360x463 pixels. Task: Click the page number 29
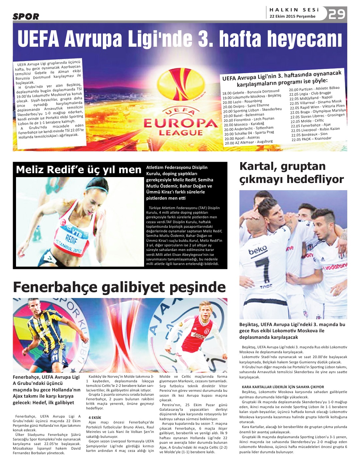point(337,14)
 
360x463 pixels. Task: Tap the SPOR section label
point(26,16)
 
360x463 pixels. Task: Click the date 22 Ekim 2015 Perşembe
point(292,16)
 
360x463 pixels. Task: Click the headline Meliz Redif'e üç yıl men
point(79,170)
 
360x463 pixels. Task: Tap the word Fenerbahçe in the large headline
point(55,287)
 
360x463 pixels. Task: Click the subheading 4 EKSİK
point(95,418)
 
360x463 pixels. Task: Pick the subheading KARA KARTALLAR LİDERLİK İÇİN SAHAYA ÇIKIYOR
point(283,387)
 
